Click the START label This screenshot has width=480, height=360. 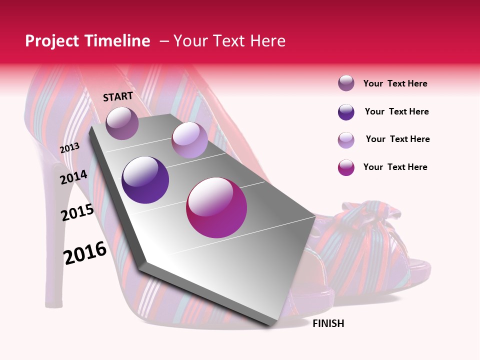[x=118, y=96]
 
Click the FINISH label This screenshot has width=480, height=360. [x=328, y=323]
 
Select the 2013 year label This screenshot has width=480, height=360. [x=70, y=148]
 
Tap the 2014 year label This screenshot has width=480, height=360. [x=74, y=177]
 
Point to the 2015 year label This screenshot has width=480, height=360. [x=77, y=212]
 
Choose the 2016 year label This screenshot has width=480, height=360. [x=85, y=252]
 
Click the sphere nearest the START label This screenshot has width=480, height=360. [x=122, y=123]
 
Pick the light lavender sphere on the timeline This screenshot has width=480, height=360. [x=189, y=140]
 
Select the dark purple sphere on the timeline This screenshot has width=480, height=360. [x=145, y=180]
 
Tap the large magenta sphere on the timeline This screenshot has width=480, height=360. [x=216, y=207]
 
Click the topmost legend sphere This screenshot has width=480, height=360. [x=346, y=83]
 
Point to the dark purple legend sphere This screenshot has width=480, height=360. [x=346, y=112]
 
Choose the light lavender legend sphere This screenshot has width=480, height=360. [x=346, y=140]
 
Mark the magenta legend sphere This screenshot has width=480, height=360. [x=346, y=167]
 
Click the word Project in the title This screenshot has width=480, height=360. [x=50, y=41]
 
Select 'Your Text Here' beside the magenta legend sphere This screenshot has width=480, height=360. [x=395, y=167]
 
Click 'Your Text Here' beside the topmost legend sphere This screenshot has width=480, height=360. [x=395, y=83]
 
